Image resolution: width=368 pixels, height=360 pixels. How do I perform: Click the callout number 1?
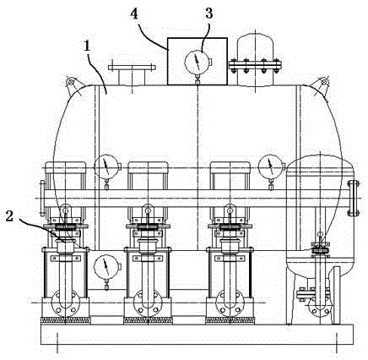coord(88,46)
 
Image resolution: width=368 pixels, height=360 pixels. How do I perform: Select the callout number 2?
coord(9,216)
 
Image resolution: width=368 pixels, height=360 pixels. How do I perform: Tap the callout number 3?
coord(208,14)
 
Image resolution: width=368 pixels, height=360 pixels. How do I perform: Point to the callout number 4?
coord(134,14)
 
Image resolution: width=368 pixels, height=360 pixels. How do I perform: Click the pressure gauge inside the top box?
coord(198,62)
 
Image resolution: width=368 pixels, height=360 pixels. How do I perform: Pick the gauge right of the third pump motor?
coord(271,166)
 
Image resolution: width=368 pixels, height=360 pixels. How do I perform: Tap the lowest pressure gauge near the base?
coord(106,267)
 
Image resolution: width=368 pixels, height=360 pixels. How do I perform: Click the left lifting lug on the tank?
coord(73,84)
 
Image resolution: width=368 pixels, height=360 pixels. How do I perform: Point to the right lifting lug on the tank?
coord(321,84)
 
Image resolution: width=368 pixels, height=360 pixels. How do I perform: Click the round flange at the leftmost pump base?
coord(65,303)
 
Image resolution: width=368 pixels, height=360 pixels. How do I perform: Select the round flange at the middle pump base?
coord(148,303)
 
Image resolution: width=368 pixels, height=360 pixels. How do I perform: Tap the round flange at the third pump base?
coord(230,303)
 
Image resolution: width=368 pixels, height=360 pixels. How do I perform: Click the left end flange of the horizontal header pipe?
coord(42,199)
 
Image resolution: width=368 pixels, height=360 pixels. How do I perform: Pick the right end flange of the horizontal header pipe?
coord(353,199)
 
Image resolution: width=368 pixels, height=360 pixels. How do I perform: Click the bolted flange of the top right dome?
coord(255,67)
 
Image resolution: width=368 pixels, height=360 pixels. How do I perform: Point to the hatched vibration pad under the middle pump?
coord(148,319)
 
